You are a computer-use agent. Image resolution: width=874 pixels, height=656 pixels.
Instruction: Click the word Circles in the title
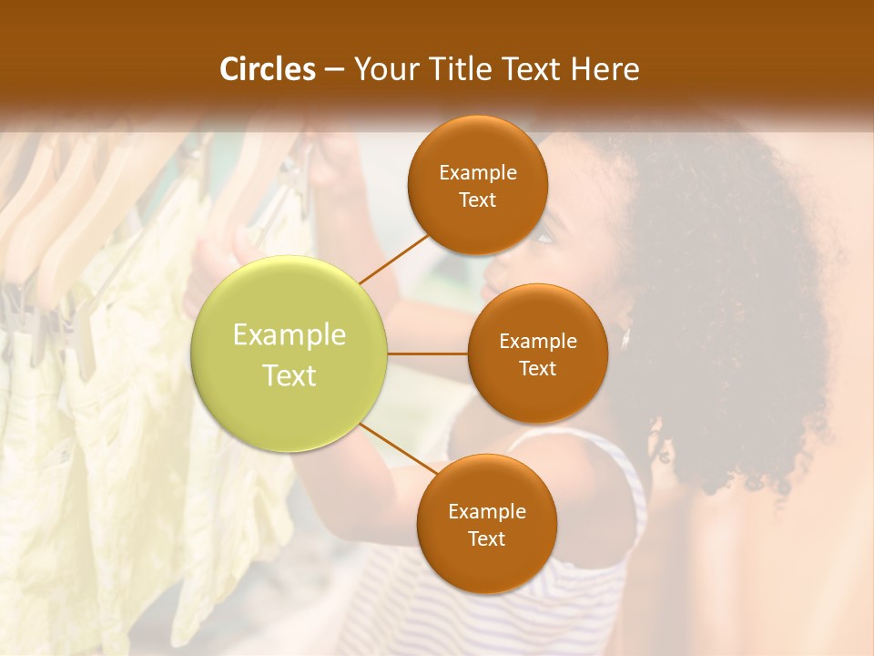[268, 69]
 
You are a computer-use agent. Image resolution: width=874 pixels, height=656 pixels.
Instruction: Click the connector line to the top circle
[393, 258]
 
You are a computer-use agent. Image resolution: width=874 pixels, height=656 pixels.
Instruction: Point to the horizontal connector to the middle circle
[428, 354]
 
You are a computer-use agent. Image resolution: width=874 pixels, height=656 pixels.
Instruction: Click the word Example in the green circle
[290, 335]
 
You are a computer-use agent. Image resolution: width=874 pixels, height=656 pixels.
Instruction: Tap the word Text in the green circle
[290, 375]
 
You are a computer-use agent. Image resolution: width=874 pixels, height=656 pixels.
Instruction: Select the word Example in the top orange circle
[477, 173]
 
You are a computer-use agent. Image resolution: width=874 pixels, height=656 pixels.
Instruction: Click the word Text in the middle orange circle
[537, 369]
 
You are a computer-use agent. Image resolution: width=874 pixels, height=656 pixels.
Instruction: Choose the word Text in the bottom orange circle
[486, 539]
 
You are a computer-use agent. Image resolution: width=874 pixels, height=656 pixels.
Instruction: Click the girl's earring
[626, 339]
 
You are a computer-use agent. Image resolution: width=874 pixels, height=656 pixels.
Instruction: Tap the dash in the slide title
[334, 70]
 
